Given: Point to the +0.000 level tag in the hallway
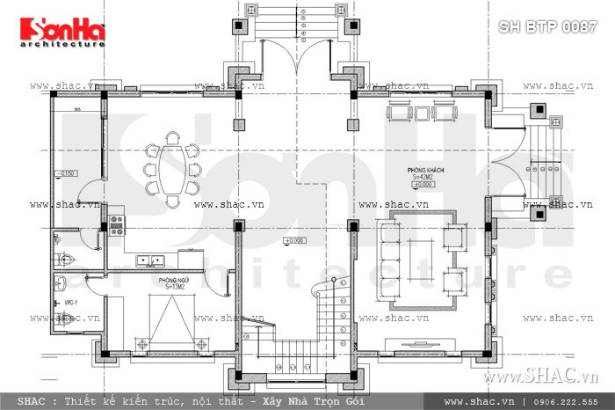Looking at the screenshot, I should point(293,240).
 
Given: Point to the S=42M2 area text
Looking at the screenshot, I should point(423,177).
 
